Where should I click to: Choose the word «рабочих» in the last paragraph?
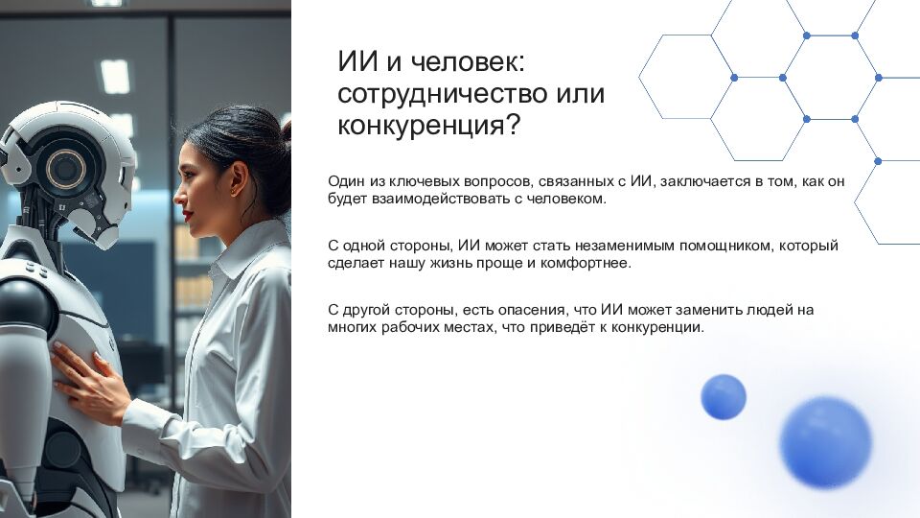point(405,327)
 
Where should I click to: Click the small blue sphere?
point(724,396)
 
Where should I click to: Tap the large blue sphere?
point(825,442)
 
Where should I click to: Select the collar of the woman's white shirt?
point(235,251)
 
